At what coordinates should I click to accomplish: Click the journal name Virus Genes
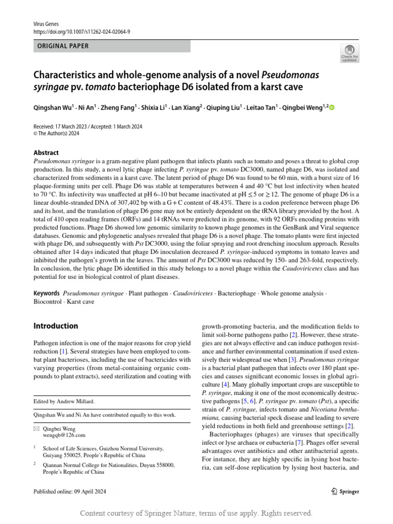click(x=46, y=24)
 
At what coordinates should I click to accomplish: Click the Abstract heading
click(x=46, y=152)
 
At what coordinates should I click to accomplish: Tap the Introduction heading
click(x=56, y=326)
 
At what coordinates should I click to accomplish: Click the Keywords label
click(x=46, y=294)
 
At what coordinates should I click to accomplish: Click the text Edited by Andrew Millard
click(x=64, y=402)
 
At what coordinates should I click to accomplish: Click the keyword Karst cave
click(x=81, y=302)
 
